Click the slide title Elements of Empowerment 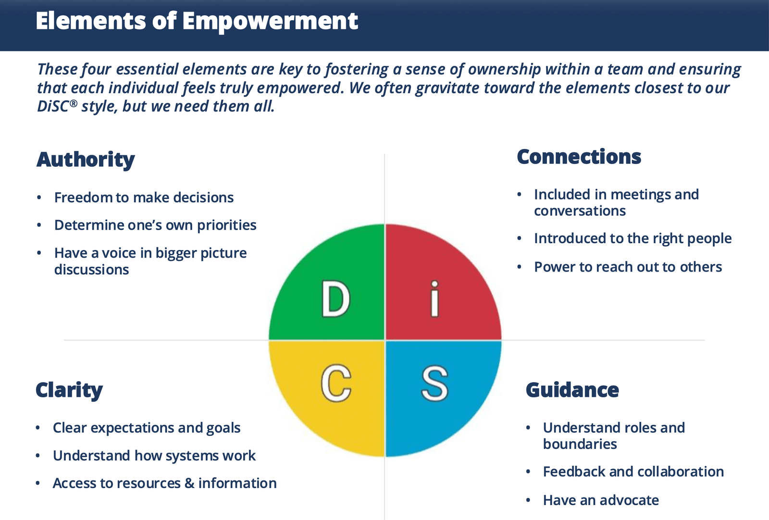197,21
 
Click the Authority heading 86,160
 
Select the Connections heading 579,157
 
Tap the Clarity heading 69,390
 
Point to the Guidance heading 572,390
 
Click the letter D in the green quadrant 335,300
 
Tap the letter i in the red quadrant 434,299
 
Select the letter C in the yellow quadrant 335,383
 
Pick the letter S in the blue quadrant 434,383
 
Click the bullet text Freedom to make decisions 144,198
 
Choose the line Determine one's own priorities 155,225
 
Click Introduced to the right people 633,239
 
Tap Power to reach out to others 628,267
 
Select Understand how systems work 154,456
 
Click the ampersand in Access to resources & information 189,483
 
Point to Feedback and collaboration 633,472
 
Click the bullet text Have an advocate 601,500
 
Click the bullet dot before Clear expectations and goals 38,428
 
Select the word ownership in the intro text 505,70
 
